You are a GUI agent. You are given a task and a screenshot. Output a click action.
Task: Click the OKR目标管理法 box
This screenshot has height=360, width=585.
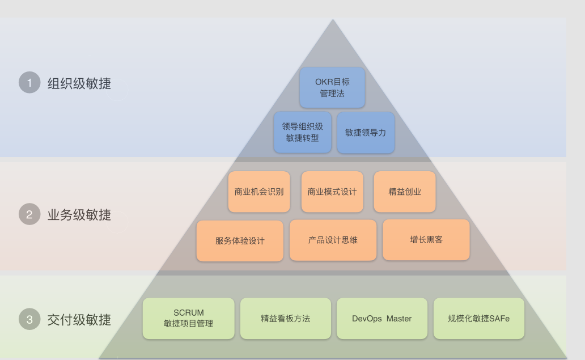pos(332,88)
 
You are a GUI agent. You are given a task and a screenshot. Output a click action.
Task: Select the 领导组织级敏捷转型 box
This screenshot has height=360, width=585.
pos(303,132)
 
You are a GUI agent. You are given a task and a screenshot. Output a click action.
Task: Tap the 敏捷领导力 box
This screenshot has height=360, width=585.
pos(366,133)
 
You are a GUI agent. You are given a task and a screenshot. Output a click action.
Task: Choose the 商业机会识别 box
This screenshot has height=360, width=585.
pos(259,192)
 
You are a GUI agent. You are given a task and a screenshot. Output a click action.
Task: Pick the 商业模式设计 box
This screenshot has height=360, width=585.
pos(332,192)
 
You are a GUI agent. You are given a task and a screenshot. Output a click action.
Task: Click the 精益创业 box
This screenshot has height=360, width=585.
pos(405,192)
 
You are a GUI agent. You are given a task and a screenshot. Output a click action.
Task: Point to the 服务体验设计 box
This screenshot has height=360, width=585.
pos(240,240)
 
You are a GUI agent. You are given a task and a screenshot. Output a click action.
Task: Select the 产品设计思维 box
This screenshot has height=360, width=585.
pos(333,240)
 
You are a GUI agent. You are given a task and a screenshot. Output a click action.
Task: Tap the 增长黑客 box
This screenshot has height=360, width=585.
pos(426,239)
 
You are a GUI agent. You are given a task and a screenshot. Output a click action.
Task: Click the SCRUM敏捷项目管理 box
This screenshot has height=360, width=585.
pos(188,318)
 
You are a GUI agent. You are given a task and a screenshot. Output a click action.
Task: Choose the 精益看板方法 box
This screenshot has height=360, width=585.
pos(285,318)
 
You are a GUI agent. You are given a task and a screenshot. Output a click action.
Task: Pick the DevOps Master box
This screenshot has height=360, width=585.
pos(381,318)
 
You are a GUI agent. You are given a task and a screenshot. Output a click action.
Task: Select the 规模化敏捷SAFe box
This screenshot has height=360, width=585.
pos(478,318)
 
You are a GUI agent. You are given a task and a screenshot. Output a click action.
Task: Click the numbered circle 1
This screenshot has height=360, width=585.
pos(29,82)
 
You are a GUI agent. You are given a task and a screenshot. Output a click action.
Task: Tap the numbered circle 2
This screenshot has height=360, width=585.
pos(29,214)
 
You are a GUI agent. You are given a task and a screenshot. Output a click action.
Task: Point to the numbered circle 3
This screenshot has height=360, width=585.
pos(29,319)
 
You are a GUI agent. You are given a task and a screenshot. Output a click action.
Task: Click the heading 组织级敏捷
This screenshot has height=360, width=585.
pos(79,83)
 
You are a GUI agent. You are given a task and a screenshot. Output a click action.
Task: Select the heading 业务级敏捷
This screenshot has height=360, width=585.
pos(79,214)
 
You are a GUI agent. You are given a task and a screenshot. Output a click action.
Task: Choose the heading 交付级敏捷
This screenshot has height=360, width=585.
pos(79,320)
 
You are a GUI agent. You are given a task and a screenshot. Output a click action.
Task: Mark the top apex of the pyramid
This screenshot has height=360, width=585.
pos(333,19)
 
